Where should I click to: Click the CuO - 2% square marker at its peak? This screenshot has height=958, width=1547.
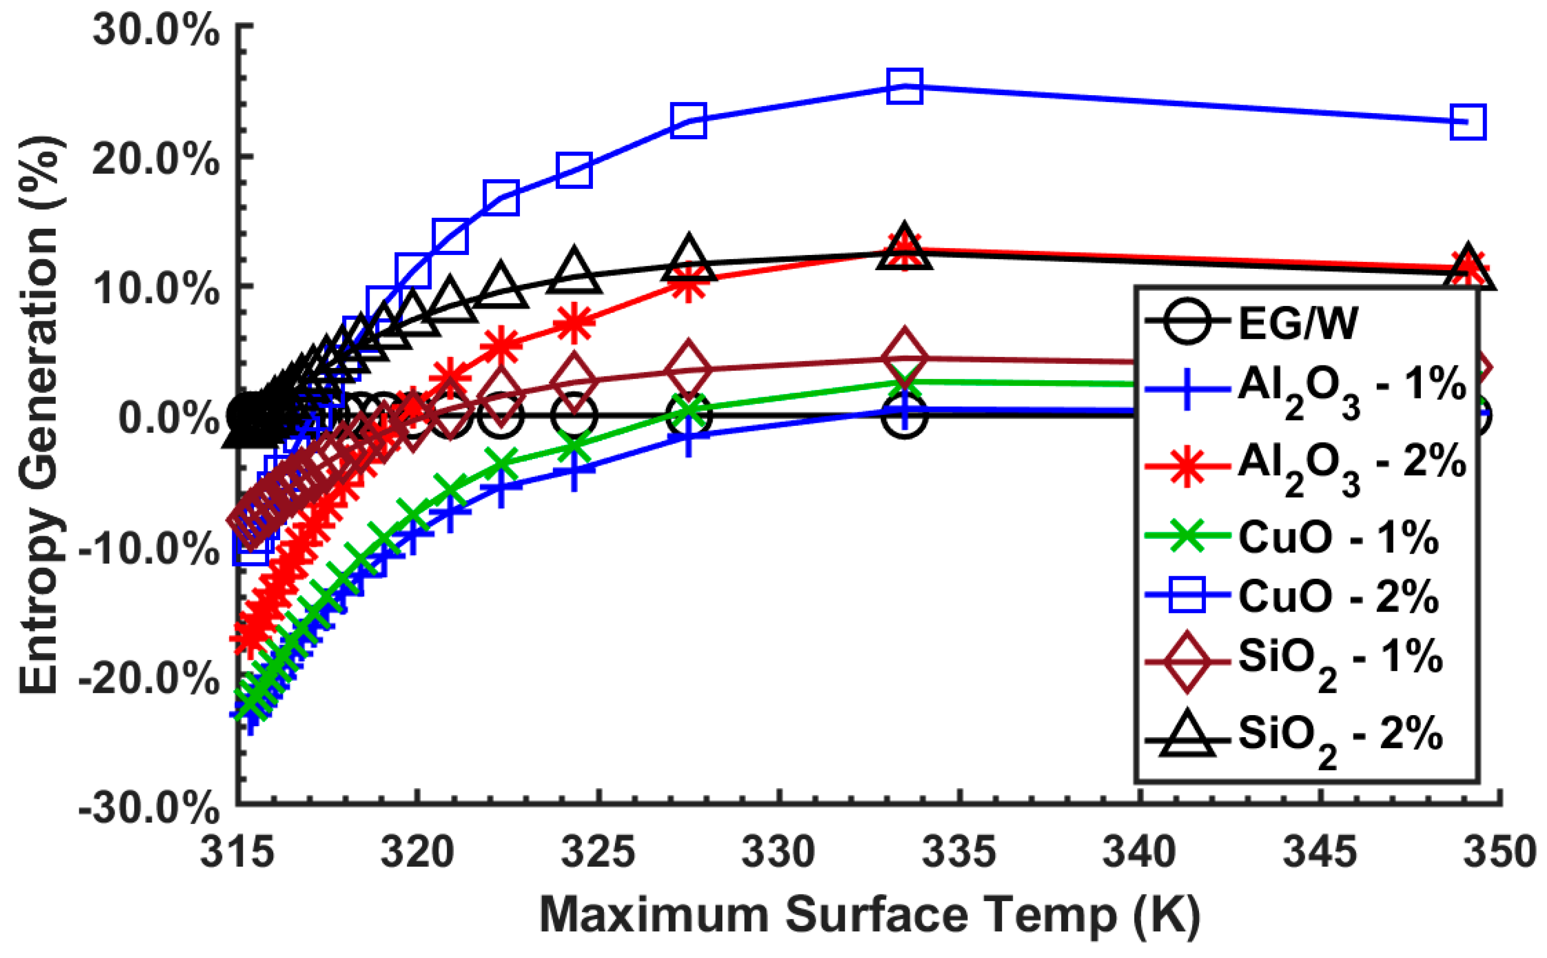904,86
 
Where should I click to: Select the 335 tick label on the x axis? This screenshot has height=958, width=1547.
959,853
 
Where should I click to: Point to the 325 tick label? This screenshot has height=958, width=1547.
597,853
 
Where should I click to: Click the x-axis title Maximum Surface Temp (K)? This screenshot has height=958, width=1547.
869,915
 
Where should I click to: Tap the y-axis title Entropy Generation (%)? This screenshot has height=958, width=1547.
39,415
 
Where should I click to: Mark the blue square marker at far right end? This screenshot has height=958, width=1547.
1467,123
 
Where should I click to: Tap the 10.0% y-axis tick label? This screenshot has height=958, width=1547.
156,288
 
